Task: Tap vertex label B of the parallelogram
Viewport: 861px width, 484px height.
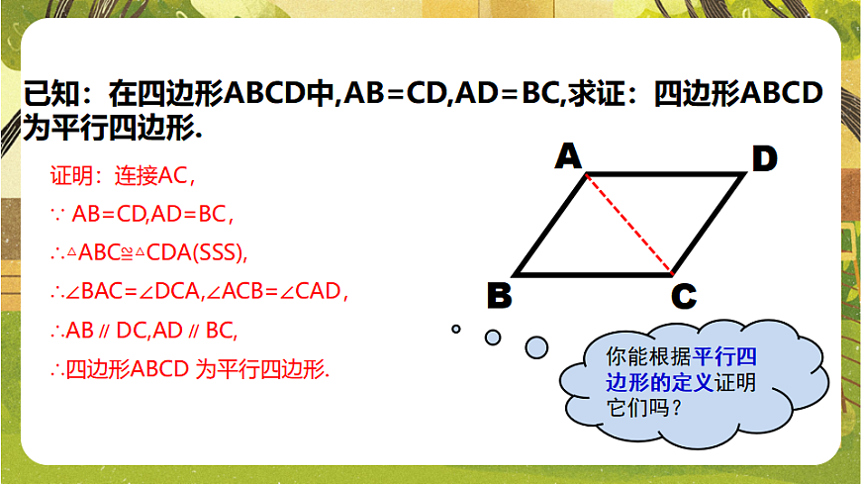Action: pos(500,295)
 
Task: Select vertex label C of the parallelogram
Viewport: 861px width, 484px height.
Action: pos(683,296)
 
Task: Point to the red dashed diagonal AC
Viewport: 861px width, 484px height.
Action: pos(629,225)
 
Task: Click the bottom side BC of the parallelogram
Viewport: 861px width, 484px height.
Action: pos(594,274)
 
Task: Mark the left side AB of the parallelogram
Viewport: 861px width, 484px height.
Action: pos(551,225)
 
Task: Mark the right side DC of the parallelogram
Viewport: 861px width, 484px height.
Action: pos(708,225)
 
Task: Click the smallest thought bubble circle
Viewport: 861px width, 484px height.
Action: pos(456,329)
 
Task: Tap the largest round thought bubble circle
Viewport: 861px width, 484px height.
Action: pos(536,346)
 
